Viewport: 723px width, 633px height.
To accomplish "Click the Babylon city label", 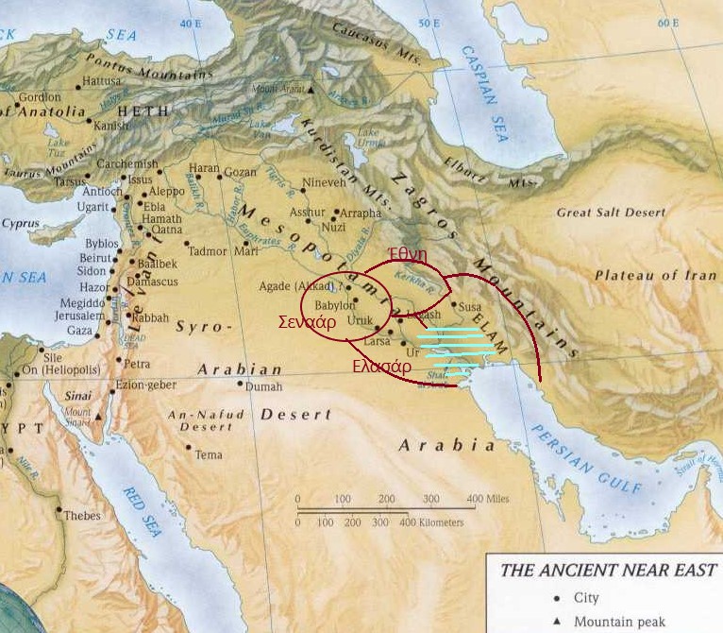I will (335, 305).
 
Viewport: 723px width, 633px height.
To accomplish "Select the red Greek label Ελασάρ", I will (381, 368).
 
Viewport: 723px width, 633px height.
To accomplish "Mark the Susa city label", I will (469, 306).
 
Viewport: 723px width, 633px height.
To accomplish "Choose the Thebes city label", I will (82, 516).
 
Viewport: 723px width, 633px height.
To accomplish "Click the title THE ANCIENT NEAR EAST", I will (607, 571).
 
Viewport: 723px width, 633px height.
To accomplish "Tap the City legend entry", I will (586, 598).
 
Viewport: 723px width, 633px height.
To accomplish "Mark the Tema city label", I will (209, 454).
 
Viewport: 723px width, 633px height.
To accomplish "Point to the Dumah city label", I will (262, 386).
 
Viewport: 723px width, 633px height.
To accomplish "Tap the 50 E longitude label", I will (429, 23).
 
